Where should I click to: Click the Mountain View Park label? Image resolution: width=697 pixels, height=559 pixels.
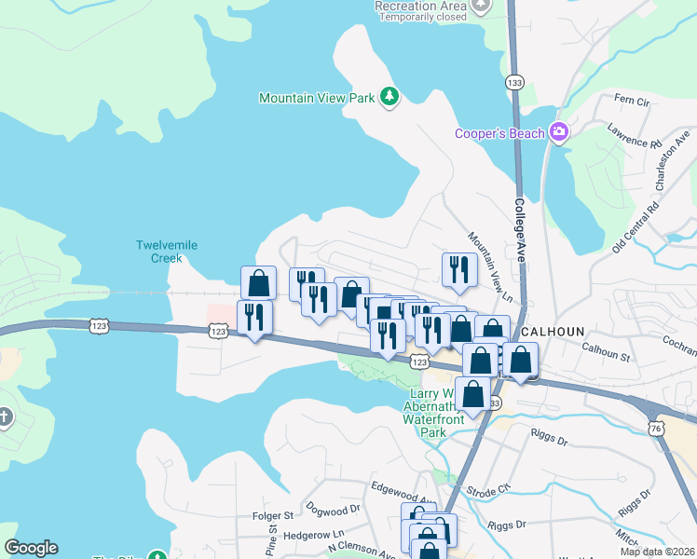pos(317,97)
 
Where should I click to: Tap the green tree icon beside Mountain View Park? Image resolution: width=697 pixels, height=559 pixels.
pos(389,96)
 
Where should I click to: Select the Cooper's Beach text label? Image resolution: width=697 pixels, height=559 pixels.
pos(499,133)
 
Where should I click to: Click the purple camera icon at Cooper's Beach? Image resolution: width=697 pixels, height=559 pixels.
pos(559,132)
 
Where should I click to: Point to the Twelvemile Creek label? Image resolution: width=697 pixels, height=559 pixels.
pos(167,252)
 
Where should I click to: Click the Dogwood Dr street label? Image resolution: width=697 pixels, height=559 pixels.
pos(337,511)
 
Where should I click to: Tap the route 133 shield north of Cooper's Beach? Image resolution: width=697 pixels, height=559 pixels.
pos(514,84)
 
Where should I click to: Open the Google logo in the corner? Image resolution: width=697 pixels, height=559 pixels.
pos(31,548)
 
